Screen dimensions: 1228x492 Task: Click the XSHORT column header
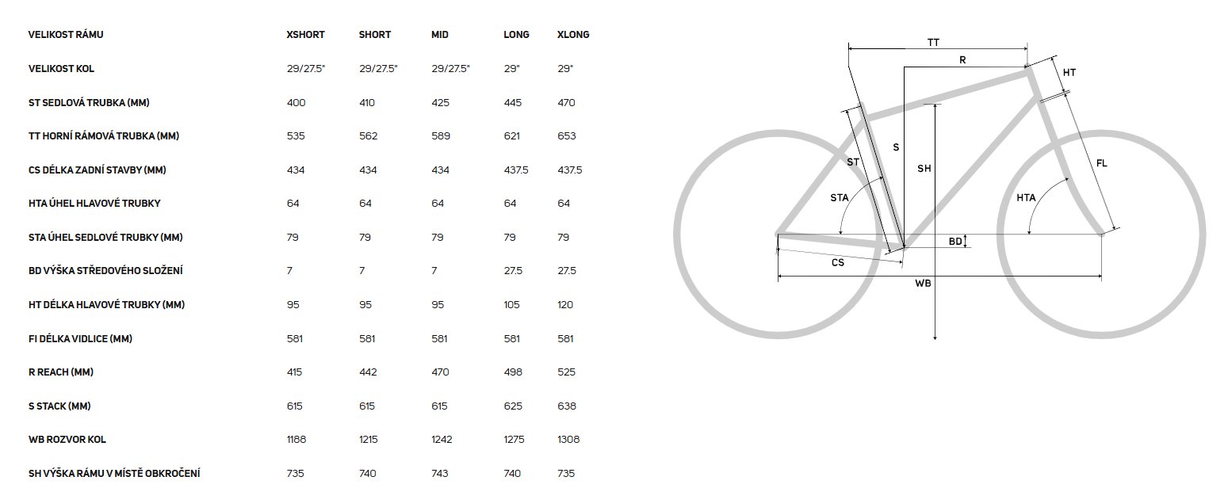[305, 35]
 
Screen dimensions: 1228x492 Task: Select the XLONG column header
[573, 35]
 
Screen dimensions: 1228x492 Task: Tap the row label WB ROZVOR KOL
[67, 440]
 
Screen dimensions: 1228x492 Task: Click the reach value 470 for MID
[440, 372]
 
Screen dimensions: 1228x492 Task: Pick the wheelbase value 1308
[568, 440]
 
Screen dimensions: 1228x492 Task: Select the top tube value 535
[296, 136]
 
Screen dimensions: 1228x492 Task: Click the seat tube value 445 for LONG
[513, 102]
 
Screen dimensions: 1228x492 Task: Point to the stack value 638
[567, 406]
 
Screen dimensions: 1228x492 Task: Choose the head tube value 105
[511, 304]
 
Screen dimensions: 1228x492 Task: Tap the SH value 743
[440, 473]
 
